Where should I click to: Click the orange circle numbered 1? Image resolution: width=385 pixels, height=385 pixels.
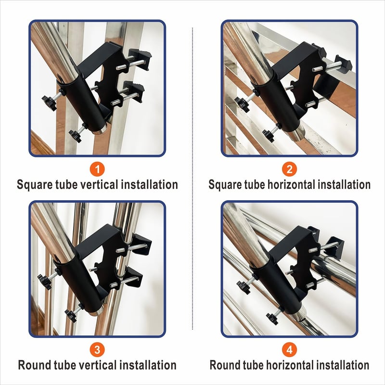[97, 169]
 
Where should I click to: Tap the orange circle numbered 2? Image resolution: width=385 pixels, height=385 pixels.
[290, 169]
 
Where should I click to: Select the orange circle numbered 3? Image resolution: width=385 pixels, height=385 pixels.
[97, 350]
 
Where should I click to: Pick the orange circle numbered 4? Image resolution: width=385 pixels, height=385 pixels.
[290, 350]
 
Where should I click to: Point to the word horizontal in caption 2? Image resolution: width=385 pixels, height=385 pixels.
[290, 184]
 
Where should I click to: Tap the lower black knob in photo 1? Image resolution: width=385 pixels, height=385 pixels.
[75, 136]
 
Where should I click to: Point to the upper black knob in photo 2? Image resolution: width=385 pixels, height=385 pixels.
[242, 104]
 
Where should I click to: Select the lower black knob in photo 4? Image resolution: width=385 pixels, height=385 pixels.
[272, 318]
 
